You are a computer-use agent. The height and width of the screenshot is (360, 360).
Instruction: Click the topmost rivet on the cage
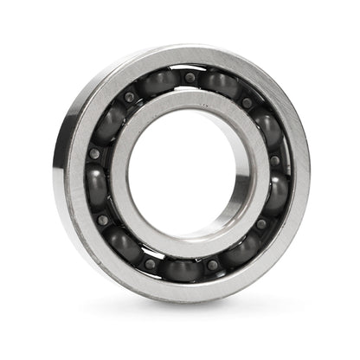coord(190,78)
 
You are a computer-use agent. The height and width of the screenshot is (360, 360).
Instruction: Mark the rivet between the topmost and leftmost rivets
coord(129,98)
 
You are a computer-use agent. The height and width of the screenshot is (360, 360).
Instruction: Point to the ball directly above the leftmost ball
coord(107,124)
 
